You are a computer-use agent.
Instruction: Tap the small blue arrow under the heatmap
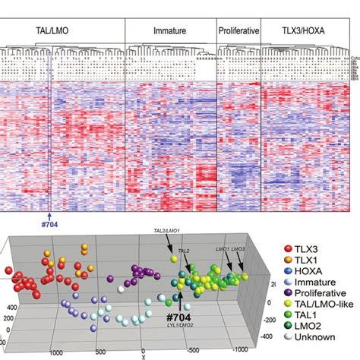46,214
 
